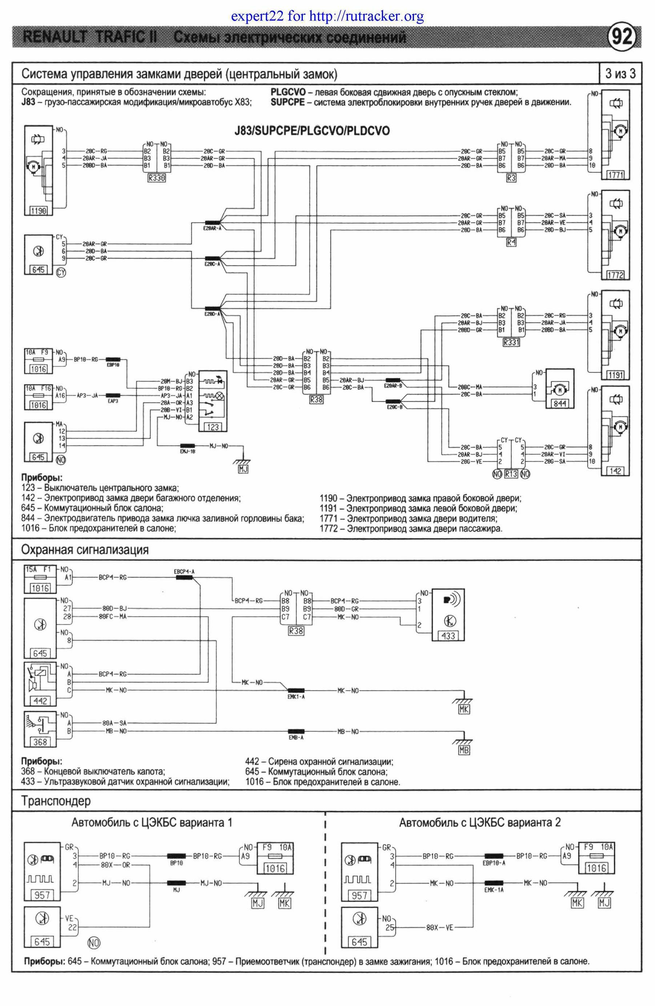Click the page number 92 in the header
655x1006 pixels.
[622, 37]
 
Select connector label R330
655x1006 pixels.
[156, 178]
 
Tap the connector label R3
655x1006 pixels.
[511, 178]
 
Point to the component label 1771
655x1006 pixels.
[615, 175]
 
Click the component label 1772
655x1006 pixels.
[615, 275]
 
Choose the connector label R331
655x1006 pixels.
[511, 342]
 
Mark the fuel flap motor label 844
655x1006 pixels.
[559, 403]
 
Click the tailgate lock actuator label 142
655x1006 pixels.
[615, 471]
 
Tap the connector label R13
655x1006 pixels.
[511, 474]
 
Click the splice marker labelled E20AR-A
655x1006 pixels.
[213, 223]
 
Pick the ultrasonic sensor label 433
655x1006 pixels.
[448, 635]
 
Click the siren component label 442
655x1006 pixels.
[40, 701]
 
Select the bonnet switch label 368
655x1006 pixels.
[40, 742]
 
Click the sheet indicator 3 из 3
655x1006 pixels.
[620, 74]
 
